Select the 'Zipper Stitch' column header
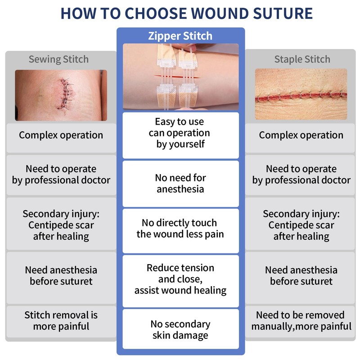pyautogui.click(x=180, y=36)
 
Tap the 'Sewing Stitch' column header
pyautogui.click(x=58, y=59)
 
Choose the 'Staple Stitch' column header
pyautogui.click(x=302, y=59)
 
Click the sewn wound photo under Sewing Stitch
pyautogui.click(x=61, y=95)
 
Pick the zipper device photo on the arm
pyautogui.click(x=180, y=77)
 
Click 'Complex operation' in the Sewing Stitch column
pyautogui.click(x=61, y=135)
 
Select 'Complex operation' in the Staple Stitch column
pyautogui.click(x=301, y=135)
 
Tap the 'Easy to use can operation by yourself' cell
pyautogui.click(x=180, y=133)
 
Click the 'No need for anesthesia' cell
pyautogui.click(x=180, y=184)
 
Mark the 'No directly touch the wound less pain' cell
pyautogui.click(x=180, y=229)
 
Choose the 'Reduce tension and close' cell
pyautogui.click(x=180, y=279)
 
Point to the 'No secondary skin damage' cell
pyautogui.click(x=180, y=330)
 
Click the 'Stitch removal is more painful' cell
pyautogui.click(x=61, y=320)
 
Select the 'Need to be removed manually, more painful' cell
pyautogui.click(x=301, y=320)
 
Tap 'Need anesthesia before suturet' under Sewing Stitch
pyautogui.click(x=61, y=275)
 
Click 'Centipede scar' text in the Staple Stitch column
pyautogui.click(x=301, y=225)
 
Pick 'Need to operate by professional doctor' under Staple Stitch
pyautogui.click(x=301, y=175)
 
